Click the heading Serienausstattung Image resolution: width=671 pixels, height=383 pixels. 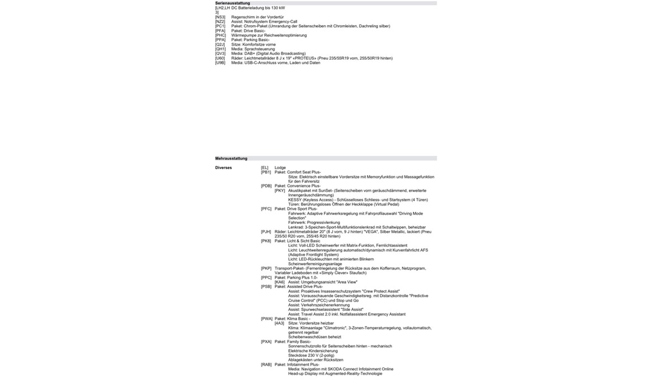(233, 3)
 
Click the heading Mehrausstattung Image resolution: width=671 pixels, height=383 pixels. (231, 159)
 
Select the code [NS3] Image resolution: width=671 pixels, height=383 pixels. (220, 17)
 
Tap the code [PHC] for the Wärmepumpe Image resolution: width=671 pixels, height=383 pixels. (220, 35)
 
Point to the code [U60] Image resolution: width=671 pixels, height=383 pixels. (220, 58)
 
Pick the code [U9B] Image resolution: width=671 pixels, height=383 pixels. (220, 63)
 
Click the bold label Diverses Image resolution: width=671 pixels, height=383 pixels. (224, 167)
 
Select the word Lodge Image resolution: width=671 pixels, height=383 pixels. (280, 167)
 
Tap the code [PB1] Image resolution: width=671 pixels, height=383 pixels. (266, 172)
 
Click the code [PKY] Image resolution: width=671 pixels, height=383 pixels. (280, 190)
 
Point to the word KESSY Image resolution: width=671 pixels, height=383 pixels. (295, 199)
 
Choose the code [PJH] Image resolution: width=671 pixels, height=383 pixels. (266, 232)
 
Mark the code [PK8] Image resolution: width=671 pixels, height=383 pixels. (266, 241)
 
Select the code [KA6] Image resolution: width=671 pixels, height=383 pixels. (280, 282)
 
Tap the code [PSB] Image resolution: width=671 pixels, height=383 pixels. (266, 286)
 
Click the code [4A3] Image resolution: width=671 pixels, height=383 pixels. (280, 323)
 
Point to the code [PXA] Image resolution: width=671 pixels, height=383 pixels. (266, 342)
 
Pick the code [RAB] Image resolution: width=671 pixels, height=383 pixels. (266, 365)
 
